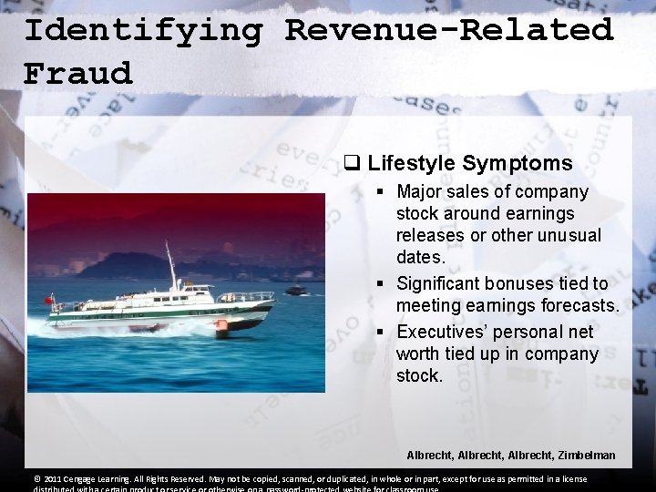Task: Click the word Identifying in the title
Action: coord(142,30)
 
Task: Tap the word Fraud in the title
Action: coord(78,73)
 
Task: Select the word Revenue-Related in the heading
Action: coord(449,30)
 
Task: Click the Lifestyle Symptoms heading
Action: coord(470,164)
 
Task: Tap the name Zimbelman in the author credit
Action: coord(580,455)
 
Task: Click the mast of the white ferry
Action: coord(170,265)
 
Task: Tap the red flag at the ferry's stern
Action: coord(49,300)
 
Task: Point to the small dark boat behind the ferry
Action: coord(295,291)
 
